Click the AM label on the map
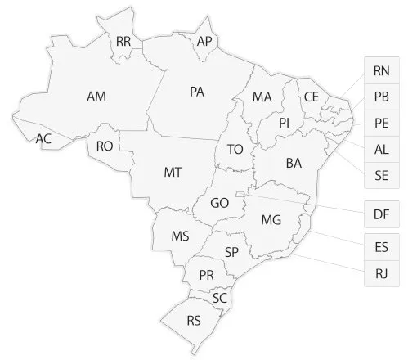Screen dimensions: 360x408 (x=96, y=96)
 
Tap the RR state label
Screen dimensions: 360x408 (x=124, y=40)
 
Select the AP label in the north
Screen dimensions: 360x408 (x=204, y=41)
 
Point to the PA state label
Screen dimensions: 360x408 (x=196, y=92)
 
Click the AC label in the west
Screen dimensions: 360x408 (x=44, y=139)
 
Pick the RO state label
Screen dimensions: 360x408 (x=104, y=146)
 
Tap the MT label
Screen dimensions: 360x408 (x=173, y=172)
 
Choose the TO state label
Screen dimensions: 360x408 (x=235, y=150)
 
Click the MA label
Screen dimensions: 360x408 (x=262, y=97)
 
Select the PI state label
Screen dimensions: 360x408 (x=285, y=123)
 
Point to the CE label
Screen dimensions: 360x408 (x=311, y=97)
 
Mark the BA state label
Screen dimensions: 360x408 (x=294, y=164)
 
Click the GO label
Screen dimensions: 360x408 (x=220, y=203)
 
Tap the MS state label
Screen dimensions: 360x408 (x=181, y=236)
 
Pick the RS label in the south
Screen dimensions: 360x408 (x=194, y=319)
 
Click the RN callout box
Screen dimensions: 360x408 (x=381, y=70)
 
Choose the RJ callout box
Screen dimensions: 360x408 (x=381, y=272)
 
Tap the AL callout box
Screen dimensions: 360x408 (x=381, y=150)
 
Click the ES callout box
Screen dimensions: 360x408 (x=381, y=245)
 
